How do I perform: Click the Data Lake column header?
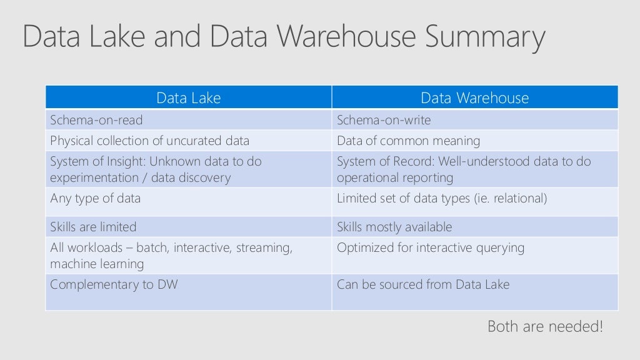(188, 98)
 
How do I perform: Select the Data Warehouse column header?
(474, 98)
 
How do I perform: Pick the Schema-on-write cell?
(384, 120)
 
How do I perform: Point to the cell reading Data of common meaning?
(408, 141)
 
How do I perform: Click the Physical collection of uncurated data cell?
(149, 141)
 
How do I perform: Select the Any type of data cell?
(96, 199)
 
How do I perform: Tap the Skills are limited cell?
(93, 227)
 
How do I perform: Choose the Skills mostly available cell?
(394, 227)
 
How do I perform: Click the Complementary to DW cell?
(114, 284)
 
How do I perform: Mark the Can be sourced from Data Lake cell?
(423, 284)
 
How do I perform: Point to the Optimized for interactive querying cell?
(431, 248)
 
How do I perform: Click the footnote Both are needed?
(545, 326)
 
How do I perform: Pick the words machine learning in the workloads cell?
(97, 264)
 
